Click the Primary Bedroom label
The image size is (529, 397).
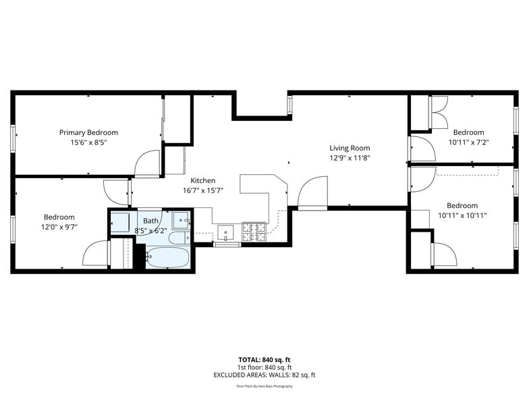pos(88,132)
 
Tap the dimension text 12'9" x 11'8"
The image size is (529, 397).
pos(350,158)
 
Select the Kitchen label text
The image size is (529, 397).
pos(202,180)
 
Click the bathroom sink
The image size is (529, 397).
pos(180,220)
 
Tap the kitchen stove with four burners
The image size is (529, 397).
pos(254,233)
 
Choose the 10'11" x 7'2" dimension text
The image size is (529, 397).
pos(468,142)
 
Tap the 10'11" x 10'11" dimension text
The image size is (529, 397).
pos(462,215)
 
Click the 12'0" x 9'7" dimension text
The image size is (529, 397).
pos(59,227)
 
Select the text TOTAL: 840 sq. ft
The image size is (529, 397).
pos(264,360)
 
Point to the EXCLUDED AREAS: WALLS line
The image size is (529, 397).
pos(264,375)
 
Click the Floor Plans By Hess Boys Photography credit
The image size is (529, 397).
pos(264,386)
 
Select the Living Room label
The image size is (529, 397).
pos(350,148)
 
